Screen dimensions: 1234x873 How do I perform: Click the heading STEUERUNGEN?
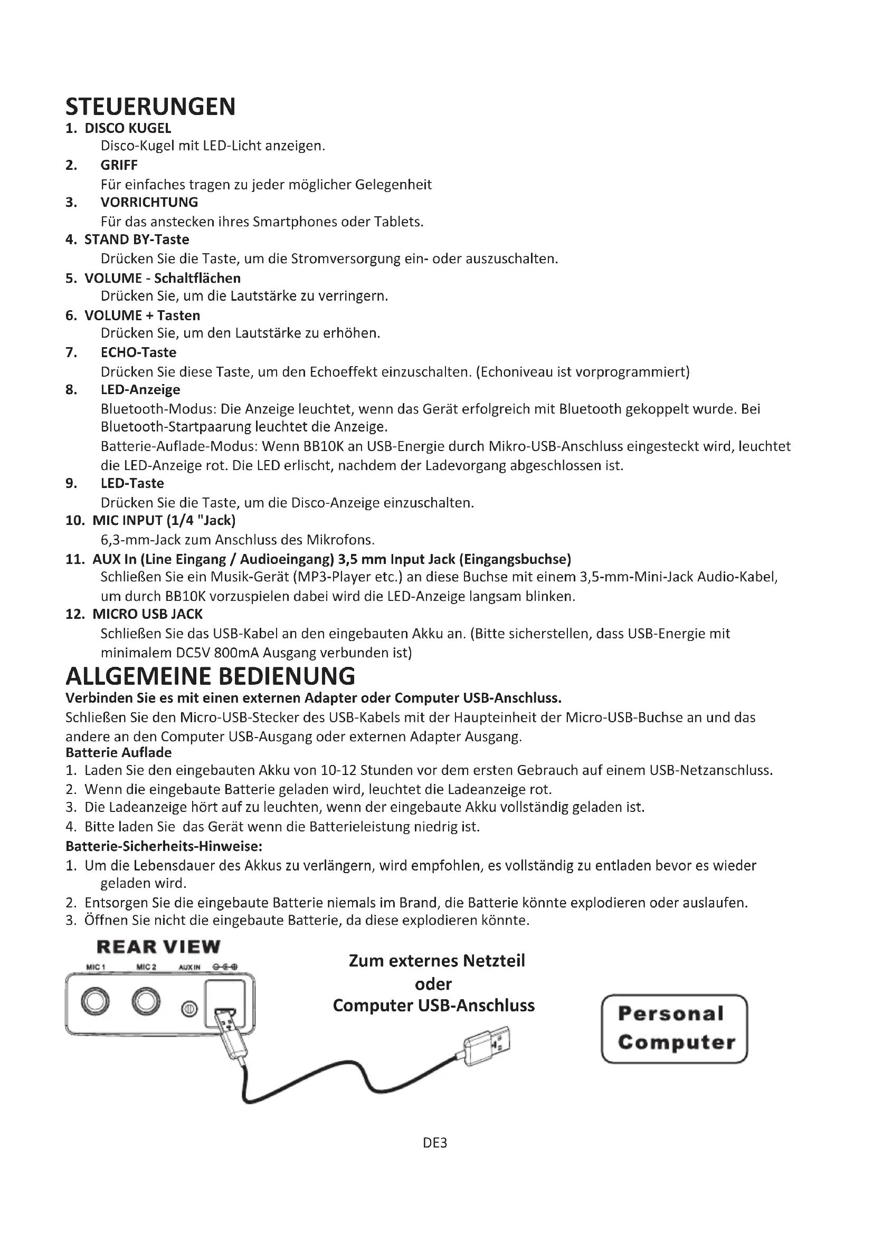[x=150, y=107]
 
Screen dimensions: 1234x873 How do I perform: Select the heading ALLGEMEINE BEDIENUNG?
[x=210, y=676]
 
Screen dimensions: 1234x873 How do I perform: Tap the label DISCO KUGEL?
[x=128, y=128]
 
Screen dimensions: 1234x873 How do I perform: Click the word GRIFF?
[x=119, y=165]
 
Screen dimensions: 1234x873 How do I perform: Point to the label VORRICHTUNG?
[x=149, y=202]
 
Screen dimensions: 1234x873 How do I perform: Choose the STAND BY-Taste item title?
[x=137, y=239]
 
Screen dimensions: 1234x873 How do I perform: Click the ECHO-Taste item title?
[x=138, y=352]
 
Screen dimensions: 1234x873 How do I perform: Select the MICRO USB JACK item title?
[x=147, y=614]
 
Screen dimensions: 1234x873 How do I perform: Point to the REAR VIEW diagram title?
[x=158, y=946]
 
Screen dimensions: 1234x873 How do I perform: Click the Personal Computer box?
[x=675, y=1029]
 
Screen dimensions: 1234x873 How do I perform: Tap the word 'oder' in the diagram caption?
[x=433, y=983]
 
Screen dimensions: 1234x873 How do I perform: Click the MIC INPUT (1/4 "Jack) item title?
[x=164, y=520]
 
